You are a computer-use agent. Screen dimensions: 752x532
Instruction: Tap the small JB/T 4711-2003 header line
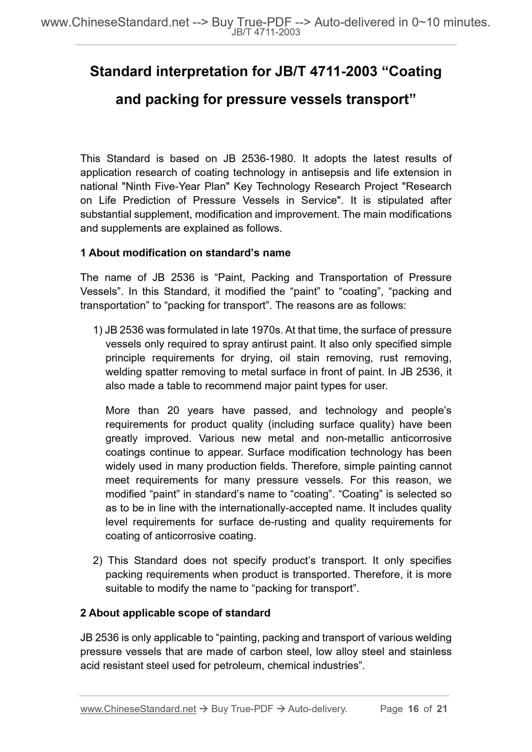pyautogui.click(x=266, y=32)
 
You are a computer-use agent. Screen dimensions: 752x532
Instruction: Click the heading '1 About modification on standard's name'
pyautogui.click(x=185, y=253)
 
